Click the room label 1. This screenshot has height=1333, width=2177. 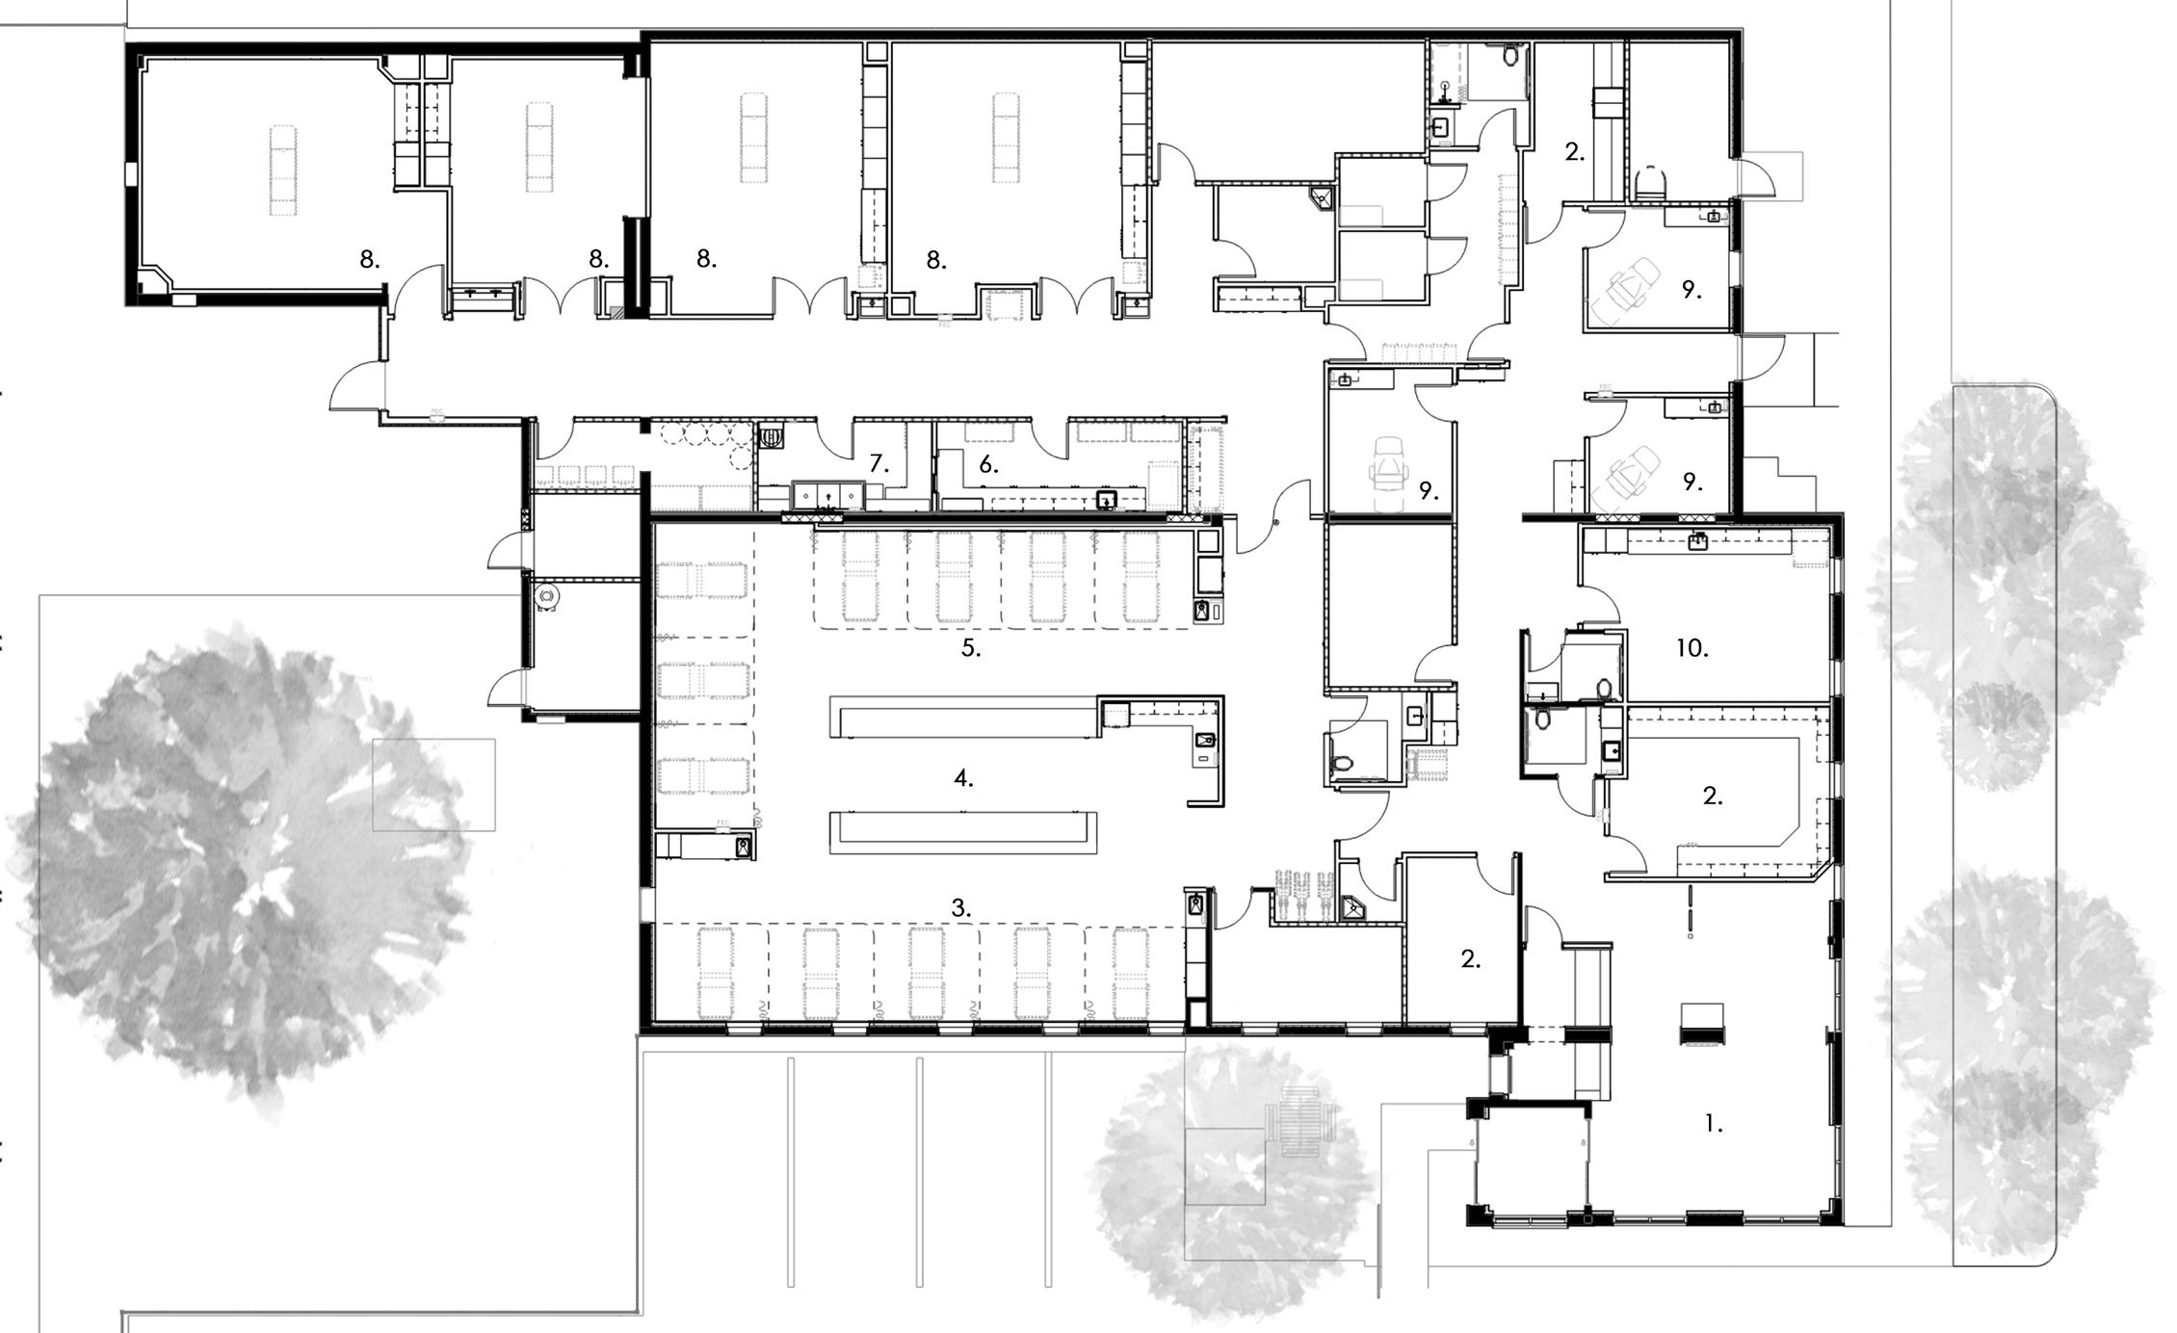pyautogui.click(x=1713, y=1123)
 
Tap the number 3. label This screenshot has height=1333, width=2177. pyautogui.click(x=960, y=907)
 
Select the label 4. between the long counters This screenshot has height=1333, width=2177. pyautogui.click(x=963, y=778)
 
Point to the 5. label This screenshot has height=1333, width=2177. pyautogui.click(x=970, y=648)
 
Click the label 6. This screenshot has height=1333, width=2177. pyautogui.click(x=988, y=464)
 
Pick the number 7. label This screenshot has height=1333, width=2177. pyautogui.click(x=879, y=464)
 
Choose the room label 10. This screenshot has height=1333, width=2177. pyautogui.click(x=1692, y=648)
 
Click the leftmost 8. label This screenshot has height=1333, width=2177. pyautogui.click(x=370, y=258)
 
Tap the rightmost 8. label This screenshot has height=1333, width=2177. pyautogui.click(x=936, y=259)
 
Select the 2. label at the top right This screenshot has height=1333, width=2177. pyautogui.click(x=1574, y=151)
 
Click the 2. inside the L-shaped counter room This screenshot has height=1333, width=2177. pyautogui.click(x=1713, y=796)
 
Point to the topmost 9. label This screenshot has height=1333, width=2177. pyautogui.click(x=1692, y=289)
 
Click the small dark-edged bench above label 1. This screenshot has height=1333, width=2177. pyautogui.click(x=1702, y=1024)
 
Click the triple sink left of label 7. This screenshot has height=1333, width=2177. pyautogui.click(x=827, y=495)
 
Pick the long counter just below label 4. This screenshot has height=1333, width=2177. pyautogui.click(x=963, y=832)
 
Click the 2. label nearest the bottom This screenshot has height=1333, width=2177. pyautogui.click(x=1470, y=958)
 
